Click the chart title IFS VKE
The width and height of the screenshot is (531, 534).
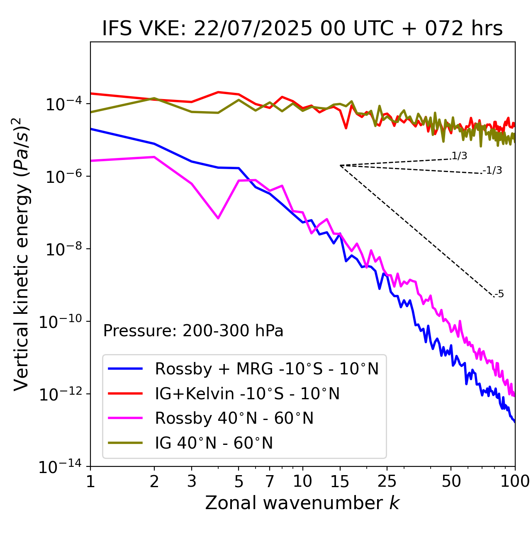302,29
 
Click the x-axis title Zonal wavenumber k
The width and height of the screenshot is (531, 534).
302,503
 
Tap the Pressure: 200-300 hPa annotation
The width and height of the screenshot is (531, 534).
193,331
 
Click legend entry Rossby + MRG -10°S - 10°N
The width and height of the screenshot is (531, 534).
267,369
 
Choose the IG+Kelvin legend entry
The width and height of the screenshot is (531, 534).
247,393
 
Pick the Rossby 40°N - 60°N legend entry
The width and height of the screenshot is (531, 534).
234,418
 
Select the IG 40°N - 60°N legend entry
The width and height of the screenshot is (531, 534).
214,443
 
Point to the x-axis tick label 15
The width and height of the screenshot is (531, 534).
340,481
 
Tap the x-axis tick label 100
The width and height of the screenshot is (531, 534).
514,481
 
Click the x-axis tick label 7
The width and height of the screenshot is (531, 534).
270,481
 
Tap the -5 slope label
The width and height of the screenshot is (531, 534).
499,294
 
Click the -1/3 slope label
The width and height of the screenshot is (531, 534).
493,170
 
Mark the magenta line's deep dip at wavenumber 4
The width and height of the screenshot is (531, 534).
218,218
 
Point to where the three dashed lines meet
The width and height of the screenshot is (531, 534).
340,165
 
